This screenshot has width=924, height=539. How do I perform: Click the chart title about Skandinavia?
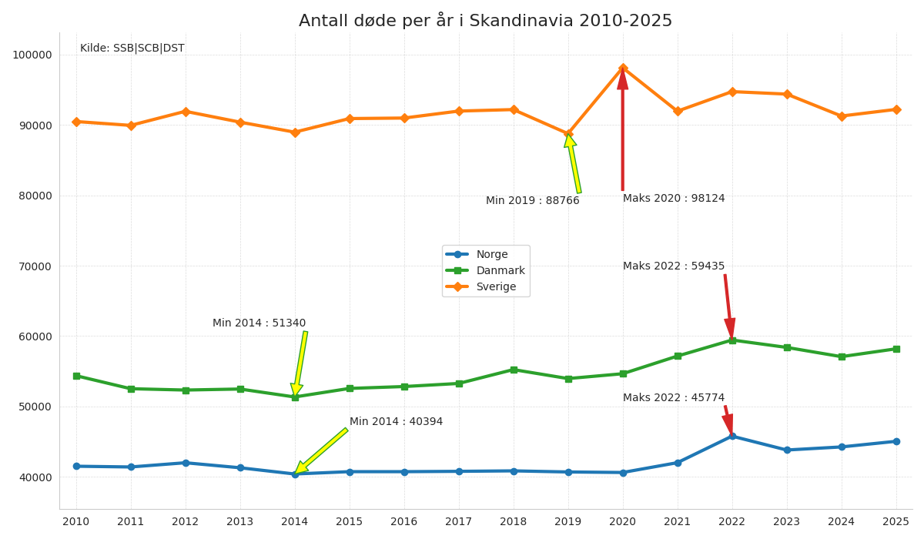[485, 21]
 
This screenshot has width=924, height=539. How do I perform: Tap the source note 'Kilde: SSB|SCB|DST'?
[132, 49]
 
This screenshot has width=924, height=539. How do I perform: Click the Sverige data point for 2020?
[623, 69]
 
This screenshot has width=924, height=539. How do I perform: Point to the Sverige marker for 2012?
[186, 112]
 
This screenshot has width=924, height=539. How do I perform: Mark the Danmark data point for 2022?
[732, 340]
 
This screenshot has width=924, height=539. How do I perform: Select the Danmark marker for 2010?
[76, 376]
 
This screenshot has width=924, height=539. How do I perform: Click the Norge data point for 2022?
[732, 437]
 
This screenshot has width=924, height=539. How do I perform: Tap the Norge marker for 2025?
[896, 441]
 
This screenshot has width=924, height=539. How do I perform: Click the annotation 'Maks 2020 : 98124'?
[674, 199]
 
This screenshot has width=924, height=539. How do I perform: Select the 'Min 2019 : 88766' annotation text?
[532, 201]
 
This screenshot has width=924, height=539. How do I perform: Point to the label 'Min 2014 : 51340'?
[259, 323]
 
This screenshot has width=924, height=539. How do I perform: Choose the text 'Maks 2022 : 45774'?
[674, 398]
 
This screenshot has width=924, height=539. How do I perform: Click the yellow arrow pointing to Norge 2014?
[321, 450]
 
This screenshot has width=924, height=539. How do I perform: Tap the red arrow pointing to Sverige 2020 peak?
[623, 131]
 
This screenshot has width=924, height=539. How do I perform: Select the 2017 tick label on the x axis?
[459, 522]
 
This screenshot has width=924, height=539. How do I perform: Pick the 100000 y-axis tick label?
[32, 55]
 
